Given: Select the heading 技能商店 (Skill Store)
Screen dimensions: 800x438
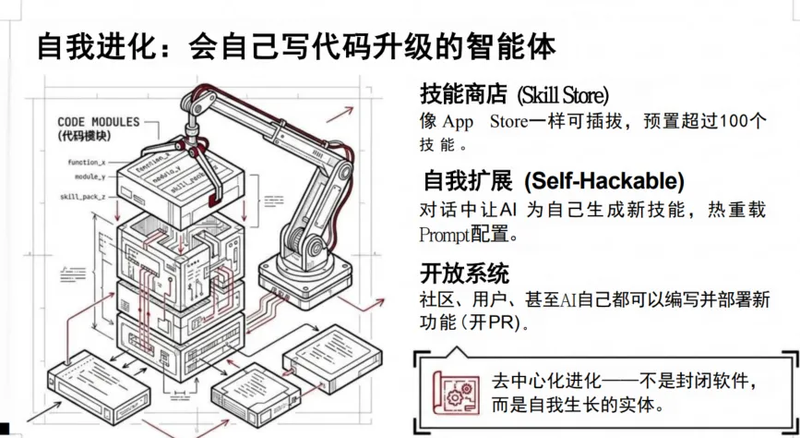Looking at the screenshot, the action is coord(514,94).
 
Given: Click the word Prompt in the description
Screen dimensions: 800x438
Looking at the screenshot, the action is coord(445,234).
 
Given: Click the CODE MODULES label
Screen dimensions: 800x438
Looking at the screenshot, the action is coord(99,122).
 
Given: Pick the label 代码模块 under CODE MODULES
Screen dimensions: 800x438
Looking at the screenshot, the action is coord(83,136).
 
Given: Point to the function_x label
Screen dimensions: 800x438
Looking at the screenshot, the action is coord(87,162).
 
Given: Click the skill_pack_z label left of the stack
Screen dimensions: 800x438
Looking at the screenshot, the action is coord(86,197).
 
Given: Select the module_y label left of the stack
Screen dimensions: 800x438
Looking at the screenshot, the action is coord(90,176).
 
